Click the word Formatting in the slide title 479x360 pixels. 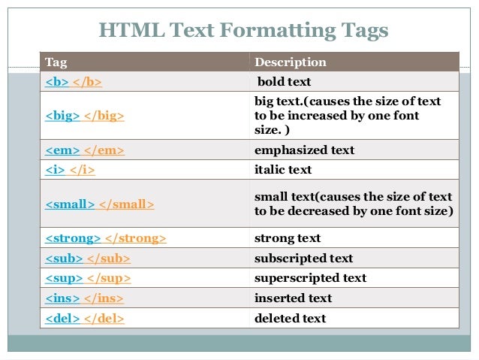(x=264, y=32)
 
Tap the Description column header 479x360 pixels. (x=291, y=62)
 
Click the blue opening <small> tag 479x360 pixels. (x=70, y=204)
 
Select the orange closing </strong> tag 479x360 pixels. (x=135, y=238)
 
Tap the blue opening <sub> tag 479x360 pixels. (x=63, y=258)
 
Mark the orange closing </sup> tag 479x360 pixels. (x=109, y=278)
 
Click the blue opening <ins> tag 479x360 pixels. (x=62, y=298)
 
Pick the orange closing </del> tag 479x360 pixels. (x=105, y=318)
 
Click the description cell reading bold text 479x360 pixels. (x=284, y=81)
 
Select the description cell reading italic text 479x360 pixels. (x=283, y=170)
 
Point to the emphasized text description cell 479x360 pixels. (x=304, y=150)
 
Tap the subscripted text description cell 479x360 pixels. (x=303, y=258)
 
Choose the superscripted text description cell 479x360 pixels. (x=310, y=278)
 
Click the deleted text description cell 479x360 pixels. (x=290, y=318)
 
